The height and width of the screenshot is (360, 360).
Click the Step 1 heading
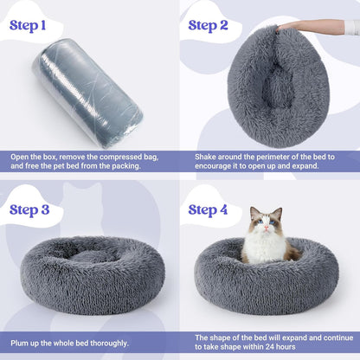(38, 25)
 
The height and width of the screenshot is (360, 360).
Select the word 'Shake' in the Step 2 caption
(197, 157)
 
